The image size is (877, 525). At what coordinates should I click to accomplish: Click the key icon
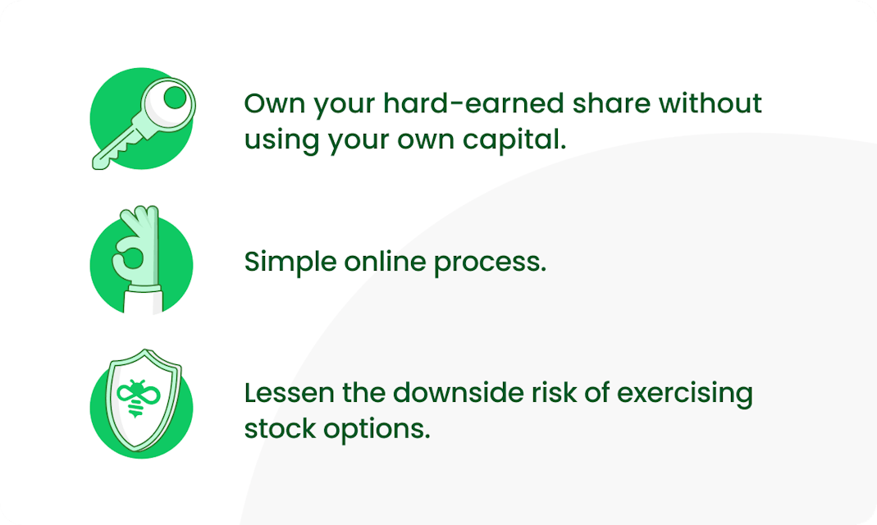click(x=144, y=123)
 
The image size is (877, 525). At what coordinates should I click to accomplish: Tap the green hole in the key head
click(x=175, y=98)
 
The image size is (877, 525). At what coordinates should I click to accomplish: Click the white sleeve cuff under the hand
click(x=144, y=289)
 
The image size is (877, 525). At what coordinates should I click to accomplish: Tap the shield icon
click(x=144, y=399)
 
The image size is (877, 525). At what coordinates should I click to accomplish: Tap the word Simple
click(x=290, y=262)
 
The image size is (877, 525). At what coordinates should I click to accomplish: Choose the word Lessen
click(x=289, y=392)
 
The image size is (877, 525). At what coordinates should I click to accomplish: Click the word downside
click(x=458, y=392)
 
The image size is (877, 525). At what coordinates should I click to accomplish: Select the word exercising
click(x=684, y=394)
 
